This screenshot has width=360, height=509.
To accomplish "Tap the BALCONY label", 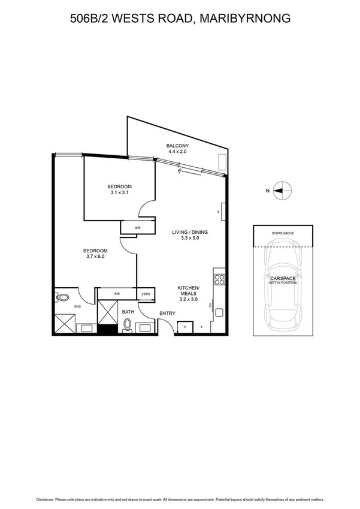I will click(177, 146).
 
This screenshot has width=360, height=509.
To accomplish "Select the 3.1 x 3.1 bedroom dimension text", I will click(120, 193).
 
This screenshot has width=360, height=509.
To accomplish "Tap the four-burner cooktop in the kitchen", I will click(219, 279).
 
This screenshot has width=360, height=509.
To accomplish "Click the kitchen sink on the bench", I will click(219, 313).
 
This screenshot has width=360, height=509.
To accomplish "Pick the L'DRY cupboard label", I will click(146, 294).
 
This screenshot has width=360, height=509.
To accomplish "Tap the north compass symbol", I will click(282, 191).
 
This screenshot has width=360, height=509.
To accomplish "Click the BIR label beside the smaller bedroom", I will click(138, 228).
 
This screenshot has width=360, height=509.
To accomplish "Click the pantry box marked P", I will click(185, 327).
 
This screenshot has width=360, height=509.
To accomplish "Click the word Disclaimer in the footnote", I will click(47, 498).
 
